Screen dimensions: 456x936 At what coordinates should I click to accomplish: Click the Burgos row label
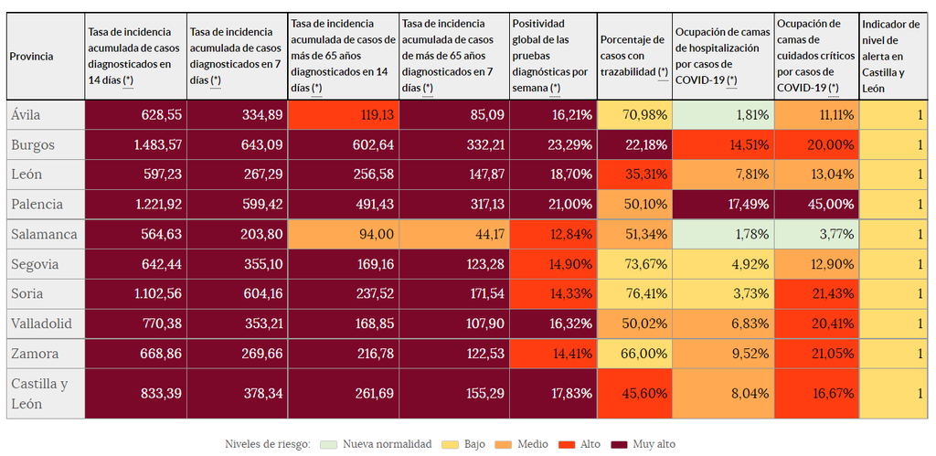[x=33, y=145]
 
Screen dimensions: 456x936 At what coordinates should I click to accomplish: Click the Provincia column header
[x=32, y=57]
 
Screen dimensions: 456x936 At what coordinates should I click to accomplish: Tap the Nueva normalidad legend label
[x=387, y=444]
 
